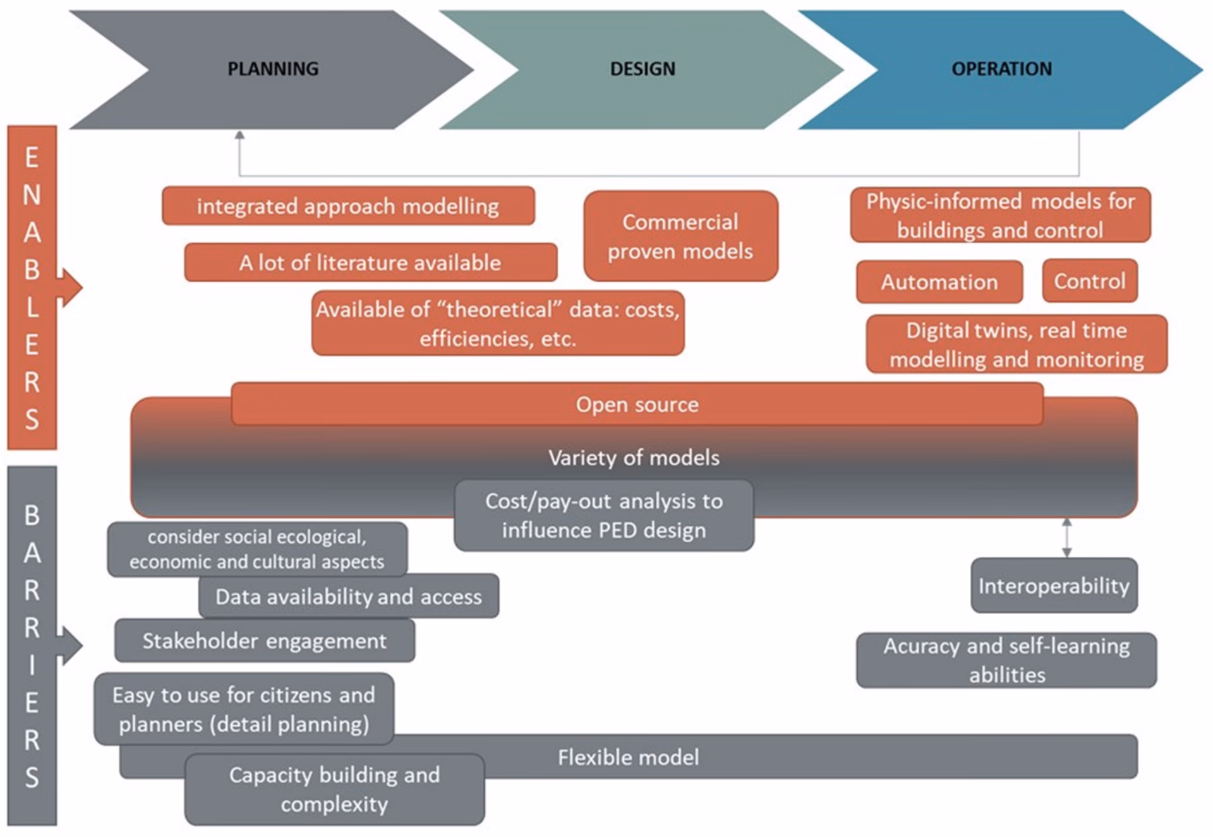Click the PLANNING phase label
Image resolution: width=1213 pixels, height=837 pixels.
click(273, 68)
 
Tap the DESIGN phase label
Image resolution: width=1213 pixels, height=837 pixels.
click(643, 68)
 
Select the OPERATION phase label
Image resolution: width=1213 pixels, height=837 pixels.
click(1002, 68)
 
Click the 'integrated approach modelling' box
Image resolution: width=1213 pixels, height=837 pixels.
click(348, 206)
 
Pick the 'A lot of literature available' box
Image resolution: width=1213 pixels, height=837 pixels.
click(371, 262)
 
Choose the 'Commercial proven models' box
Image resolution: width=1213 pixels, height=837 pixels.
click(681, 236)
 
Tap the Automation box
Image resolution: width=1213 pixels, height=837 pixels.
click(939, 282)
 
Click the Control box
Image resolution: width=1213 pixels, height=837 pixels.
click(1090, 280)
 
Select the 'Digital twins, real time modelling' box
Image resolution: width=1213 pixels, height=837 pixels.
click(1017, 344)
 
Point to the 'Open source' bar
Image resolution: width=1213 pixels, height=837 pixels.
click(637, 404)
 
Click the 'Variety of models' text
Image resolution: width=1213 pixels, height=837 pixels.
click(634, 457)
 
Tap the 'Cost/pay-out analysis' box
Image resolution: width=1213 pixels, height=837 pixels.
click(604, 515)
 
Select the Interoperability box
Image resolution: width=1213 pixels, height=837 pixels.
click(1054, 585)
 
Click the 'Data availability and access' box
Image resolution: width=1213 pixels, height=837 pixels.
click(349, 596)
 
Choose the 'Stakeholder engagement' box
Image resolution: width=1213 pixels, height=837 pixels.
click(265, 641)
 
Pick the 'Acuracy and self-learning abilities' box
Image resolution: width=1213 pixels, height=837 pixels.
click(1006, 660)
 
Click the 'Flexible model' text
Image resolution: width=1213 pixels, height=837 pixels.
click(629, 757)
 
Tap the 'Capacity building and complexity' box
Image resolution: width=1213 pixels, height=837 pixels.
click(335, 789)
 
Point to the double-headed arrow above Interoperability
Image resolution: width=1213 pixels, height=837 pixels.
click(1066, 538)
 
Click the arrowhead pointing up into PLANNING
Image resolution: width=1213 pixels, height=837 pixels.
click(239, 135)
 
